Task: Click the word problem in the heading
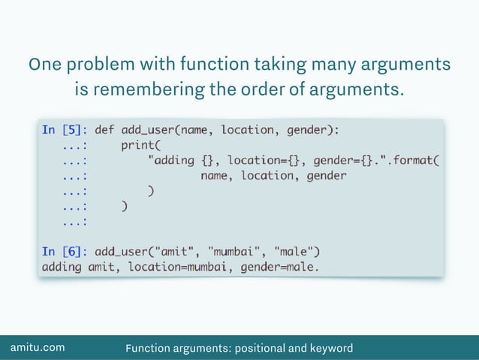[x=95, y=65]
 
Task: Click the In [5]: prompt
[x=65, y=130]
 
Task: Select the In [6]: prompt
[x=65, y=251]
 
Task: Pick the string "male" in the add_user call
[x=298, y=251]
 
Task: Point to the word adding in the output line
[x=62, y=266]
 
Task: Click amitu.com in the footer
[x=37, y=348]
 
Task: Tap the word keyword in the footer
[x=330, y=348]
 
